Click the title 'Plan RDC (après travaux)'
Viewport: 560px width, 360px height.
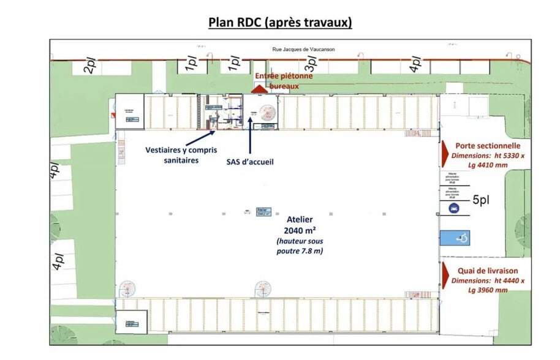tap(280, 23)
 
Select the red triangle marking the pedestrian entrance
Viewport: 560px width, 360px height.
tap(260, 89)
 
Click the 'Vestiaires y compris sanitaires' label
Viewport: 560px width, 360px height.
tap(181, 155)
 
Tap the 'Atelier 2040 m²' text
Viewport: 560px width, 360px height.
tap(300, 225)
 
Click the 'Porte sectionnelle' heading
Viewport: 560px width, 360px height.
tap(488, 146)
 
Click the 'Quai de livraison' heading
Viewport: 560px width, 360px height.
tap(488, 271)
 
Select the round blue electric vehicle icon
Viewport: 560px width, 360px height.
tap(452, 209)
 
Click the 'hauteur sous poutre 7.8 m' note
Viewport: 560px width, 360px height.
tap(300, 246)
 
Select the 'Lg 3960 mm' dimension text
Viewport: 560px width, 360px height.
tap(488, 290)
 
